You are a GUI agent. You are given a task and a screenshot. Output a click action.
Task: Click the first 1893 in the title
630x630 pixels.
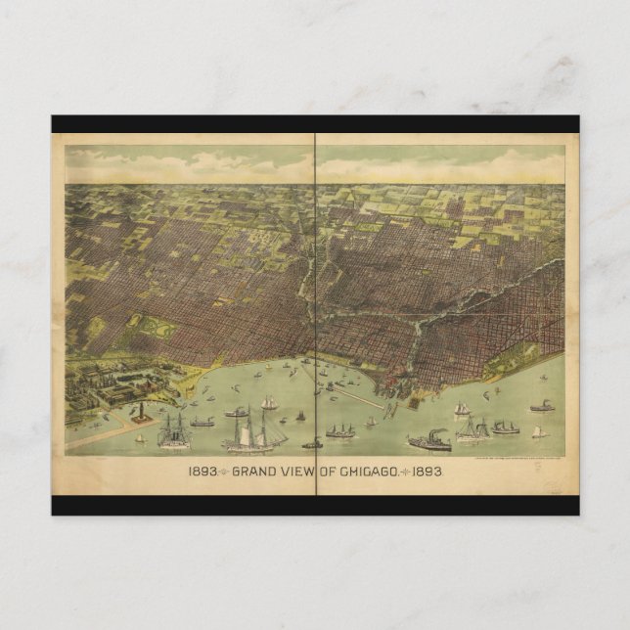click(x=202, y=472)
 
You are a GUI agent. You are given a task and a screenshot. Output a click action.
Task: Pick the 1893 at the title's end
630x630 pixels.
click(x=427, y=472)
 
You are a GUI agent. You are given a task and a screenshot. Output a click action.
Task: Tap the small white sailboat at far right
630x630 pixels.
click(x=537, y=430)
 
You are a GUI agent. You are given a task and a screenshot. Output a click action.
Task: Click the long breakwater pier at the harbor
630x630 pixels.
click(x=362, y=397)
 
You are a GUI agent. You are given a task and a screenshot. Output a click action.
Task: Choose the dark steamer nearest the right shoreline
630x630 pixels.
click(x=542, y=406)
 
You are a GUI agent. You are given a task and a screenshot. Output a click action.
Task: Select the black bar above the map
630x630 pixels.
click(x=315, y=124)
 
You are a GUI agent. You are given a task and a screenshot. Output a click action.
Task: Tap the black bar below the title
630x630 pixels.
click(x=315, y=505)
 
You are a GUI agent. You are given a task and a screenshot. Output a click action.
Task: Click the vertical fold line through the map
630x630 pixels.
click(x=315, y=293)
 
